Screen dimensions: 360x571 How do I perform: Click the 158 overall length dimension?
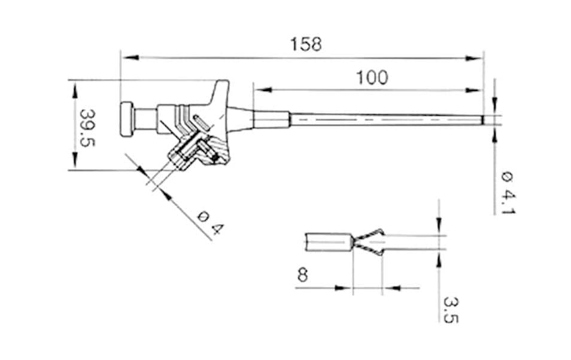(x=305, y=44)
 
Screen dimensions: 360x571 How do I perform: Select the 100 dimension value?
(x=372, y=78)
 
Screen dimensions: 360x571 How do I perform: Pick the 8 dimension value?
(x=303, y=275)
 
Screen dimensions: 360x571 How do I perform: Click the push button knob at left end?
(x=127, y=120)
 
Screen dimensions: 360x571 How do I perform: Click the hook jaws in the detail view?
(x=369, y=242)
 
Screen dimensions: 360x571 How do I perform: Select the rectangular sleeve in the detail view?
(x=328, y=242)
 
